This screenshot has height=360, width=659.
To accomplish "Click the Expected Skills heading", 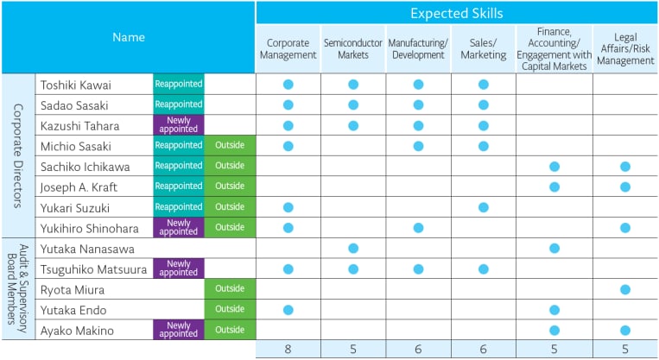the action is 456,14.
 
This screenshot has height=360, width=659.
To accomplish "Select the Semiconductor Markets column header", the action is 353,48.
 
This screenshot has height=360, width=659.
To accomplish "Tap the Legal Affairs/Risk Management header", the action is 625,48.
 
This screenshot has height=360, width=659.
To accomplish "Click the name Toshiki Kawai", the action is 76,85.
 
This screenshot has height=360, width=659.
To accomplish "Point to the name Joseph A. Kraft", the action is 79,187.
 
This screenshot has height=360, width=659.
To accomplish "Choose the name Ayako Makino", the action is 77,331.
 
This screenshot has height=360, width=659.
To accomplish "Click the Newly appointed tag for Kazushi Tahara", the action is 179,125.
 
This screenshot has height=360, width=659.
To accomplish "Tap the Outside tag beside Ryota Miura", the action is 230,288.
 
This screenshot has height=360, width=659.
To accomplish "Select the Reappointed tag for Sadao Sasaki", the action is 179,104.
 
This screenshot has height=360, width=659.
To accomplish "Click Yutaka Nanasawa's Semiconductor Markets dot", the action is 353,249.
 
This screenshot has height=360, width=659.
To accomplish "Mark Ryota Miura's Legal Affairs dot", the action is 625,289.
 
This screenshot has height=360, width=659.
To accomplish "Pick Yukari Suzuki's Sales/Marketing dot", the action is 484,207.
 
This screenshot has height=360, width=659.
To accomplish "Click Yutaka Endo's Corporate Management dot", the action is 288,310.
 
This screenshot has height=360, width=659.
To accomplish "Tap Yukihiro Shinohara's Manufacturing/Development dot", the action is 418,228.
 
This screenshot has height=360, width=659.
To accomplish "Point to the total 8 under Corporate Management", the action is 288,349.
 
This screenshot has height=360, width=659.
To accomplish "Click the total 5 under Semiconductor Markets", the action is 353,349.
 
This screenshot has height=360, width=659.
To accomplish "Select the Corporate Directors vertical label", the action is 17,156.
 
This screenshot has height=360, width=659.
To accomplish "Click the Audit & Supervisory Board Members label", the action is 17,288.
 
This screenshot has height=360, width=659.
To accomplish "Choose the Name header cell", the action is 129,37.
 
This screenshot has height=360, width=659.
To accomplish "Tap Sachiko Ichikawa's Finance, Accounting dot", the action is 554,167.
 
